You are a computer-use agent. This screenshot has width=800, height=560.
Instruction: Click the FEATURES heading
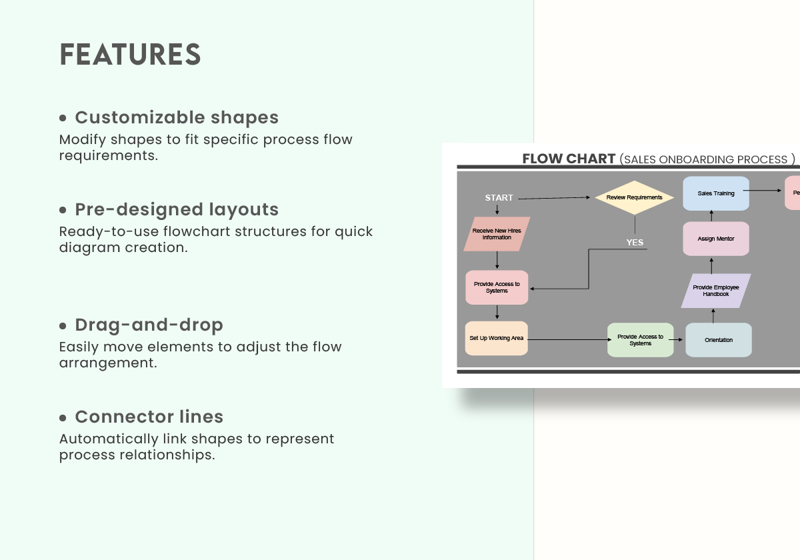(130, 55)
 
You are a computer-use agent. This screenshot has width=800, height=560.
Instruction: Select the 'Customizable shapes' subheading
(177, 117)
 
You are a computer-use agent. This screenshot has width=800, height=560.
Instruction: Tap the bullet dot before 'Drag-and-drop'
(63, 326)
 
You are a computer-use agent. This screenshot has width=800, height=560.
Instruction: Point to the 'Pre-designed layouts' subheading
(177, 209)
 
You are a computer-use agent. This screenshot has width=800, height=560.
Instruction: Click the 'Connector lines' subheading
(149, 417)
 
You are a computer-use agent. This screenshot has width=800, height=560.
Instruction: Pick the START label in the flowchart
(499, 198)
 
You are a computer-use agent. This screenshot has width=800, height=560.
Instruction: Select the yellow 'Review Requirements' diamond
(634, 197)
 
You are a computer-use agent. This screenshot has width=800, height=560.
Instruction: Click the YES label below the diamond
(635, 242)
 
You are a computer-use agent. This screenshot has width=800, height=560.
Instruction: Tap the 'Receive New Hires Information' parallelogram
(497, 234)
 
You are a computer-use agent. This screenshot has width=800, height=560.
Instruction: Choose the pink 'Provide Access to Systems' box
(497, 287)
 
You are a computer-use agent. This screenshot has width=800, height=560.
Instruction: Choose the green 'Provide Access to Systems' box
(640, 340)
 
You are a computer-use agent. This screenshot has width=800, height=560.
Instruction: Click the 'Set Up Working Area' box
(496, 338)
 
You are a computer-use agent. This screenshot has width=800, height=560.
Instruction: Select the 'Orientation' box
(718, 340)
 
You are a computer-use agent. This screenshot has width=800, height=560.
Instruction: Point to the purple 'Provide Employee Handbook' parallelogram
(715, 291)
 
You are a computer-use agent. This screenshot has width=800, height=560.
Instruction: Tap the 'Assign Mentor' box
(715, 239)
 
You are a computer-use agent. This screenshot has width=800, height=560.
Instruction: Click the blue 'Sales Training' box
(715, 193)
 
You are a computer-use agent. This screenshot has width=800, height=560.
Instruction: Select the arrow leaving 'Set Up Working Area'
(567, 340)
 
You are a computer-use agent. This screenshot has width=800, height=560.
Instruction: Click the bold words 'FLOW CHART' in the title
(569, 159)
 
